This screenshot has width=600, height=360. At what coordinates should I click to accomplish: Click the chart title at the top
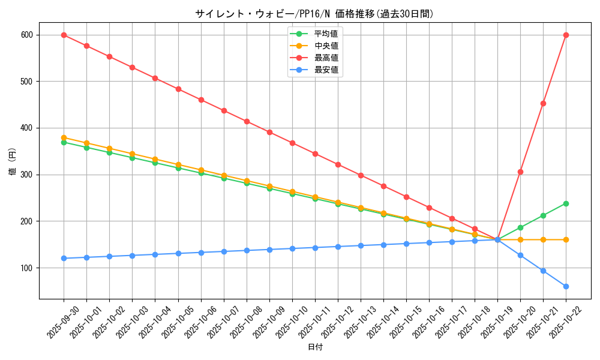(314, 14)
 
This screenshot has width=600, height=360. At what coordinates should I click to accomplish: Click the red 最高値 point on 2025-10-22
(566, 35)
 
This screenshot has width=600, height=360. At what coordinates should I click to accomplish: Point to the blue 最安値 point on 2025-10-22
(566, 286)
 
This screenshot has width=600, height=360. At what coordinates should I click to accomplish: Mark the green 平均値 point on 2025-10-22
(566, 203)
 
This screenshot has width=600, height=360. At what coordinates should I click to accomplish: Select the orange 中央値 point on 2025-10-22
(566, 239)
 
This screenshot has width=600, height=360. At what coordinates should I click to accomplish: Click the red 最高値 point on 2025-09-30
(64, 35)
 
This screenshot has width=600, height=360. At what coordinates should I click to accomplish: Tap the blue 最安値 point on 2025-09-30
(64, 258)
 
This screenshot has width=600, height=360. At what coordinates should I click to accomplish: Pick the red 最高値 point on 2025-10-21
(543, 103)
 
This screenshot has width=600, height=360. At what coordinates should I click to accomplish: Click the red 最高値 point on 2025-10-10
(292, 143)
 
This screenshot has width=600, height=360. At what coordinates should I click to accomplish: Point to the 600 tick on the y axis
(26, 35)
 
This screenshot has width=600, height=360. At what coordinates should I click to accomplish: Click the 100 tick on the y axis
(26, 268)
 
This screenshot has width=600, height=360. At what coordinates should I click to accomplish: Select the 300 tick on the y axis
(26, 175)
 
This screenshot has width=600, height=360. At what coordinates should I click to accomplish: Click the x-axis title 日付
(315, 347)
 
